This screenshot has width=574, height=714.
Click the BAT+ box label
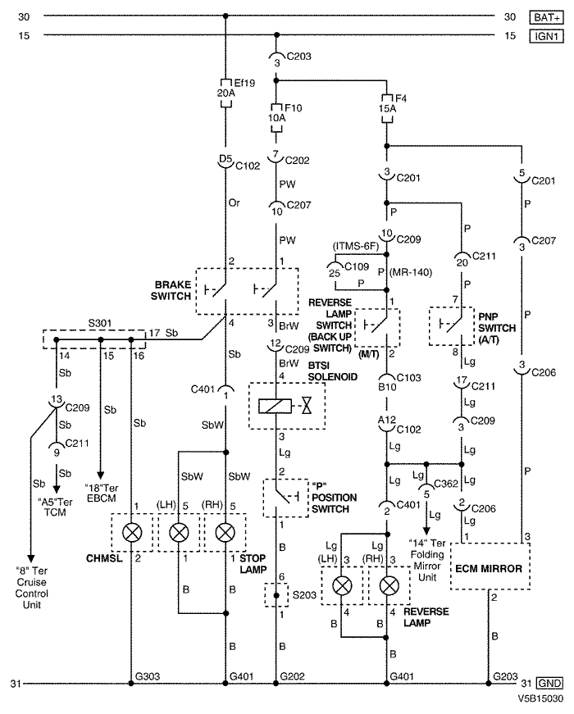547,17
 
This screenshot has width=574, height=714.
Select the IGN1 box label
547,36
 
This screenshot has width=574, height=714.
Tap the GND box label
550,683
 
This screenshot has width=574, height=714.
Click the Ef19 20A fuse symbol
226,93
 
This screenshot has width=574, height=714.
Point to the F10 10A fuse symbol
276,118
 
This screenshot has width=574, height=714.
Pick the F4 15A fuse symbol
387,108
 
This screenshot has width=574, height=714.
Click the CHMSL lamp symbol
132,532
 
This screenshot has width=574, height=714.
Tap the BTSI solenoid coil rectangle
275,406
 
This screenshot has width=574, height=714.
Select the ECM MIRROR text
489,568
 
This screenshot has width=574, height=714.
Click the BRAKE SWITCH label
171,290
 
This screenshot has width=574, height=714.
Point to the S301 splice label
100,323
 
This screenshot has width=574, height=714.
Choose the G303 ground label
148,676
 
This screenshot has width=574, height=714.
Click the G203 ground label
505,676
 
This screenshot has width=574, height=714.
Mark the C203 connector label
298,56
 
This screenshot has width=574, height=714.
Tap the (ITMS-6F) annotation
356,246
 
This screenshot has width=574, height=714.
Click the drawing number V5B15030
540,699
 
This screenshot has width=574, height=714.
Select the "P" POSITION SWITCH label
334,498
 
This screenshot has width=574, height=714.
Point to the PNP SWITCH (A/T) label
497,328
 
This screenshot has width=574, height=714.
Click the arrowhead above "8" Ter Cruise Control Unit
31,559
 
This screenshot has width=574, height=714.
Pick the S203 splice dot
276,595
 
